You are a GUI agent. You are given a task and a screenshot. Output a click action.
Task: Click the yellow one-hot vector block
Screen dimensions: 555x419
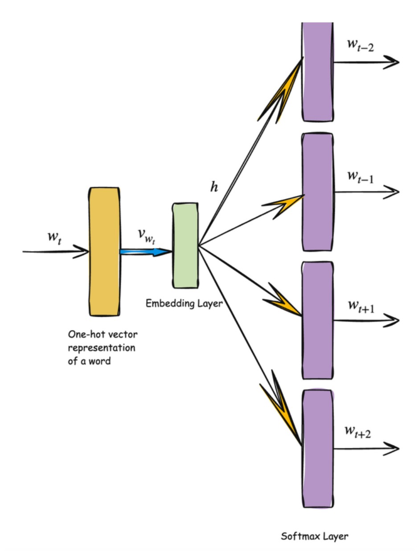[x=104, y=252]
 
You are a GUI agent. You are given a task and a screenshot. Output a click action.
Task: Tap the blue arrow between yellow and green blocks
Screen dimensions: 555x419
[x=145, y=252]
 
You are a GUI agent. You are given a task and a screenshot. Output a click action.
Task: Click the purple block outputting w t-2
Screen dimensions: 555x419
[x=317, y=71]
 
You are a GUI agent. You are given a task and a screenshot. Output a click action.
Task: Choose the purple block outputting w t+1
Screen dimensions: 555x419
[x=317, y=319]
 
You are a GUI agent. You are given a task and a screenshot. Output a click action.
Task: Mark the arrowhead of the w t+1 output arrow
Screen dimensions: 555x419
[x=392, y=319]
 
